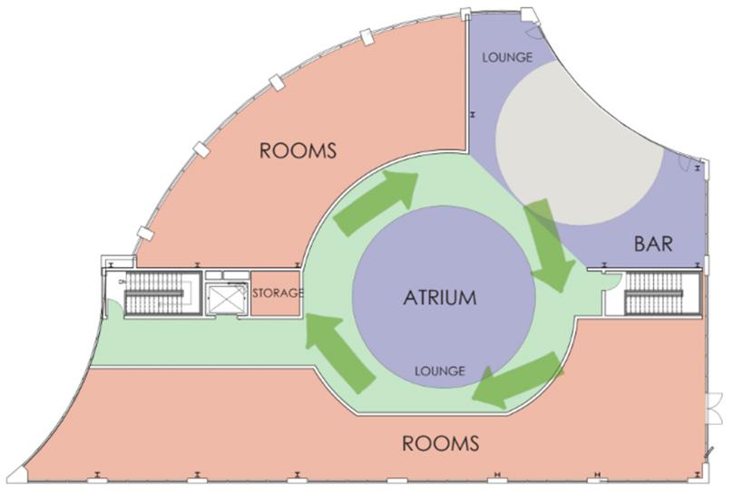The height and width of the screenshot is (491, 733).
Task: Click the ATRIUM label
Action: (x=441, y=297)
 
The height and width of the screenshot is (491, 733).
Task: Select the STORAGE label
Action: (x=277, y=294)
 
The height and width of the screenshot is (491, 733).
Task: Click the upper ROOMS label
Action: (x=298, y=150)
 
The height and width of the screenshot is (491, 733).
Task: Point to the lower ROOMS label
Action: (x=440, y=443)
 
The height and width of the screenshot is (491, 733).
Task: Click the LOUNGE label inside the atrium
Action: (x=440, y=371)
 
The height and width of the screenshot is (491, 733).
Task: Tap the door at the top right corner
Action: (x=533, y=33)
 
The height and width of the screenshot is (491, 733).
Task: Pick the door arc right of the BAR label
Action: (x=693, y=163)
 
